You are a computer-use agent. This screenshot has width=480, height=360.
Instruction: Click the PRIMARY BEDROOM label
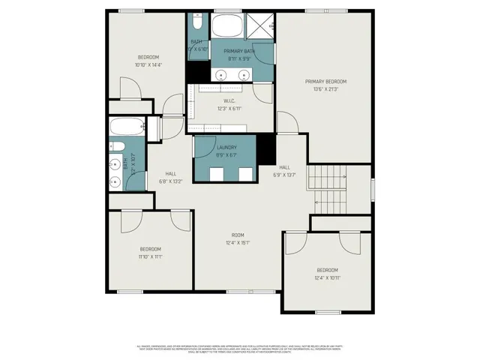point(325,81)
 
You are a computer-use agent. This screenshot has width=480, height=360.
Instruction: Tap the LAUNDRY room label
point(226,148)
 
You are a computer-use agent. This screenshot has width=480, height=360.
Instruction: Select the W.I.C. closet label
point(229,101)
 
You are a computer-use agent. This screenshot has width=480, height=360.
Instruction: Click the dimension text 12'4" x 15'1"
point(238,243)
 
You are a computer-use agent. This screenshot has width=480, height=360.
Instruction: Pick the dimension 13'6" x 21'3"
point(325,88)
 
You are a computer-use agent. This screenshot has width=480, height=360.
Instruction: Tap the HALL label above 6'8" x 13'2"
point(171,173)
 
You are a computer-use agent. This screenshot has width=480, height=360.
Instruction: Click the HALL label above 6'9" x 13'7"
point(285,167)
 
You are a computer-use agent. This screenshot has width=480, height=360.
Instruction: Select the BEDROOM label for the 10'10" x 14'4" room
point(148,58)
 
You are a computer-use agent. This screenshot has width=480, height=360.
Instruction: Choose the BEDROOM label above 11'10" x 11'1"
point(150,249)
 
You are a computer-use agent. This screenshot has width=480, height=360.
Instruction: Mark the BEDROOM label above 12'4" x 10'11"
point(327,270)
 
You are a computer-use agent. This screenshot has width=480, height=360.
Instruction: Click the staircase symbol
point(328,187)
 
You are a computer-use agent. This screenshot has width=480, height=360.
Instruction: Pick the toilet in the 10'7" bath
point(117,145)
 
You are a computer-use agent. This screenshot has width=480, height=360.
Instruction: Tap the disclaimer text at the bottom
point(240,349)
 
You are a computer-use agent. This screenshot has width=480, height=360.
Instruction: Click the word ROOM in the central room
point(238,235)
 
